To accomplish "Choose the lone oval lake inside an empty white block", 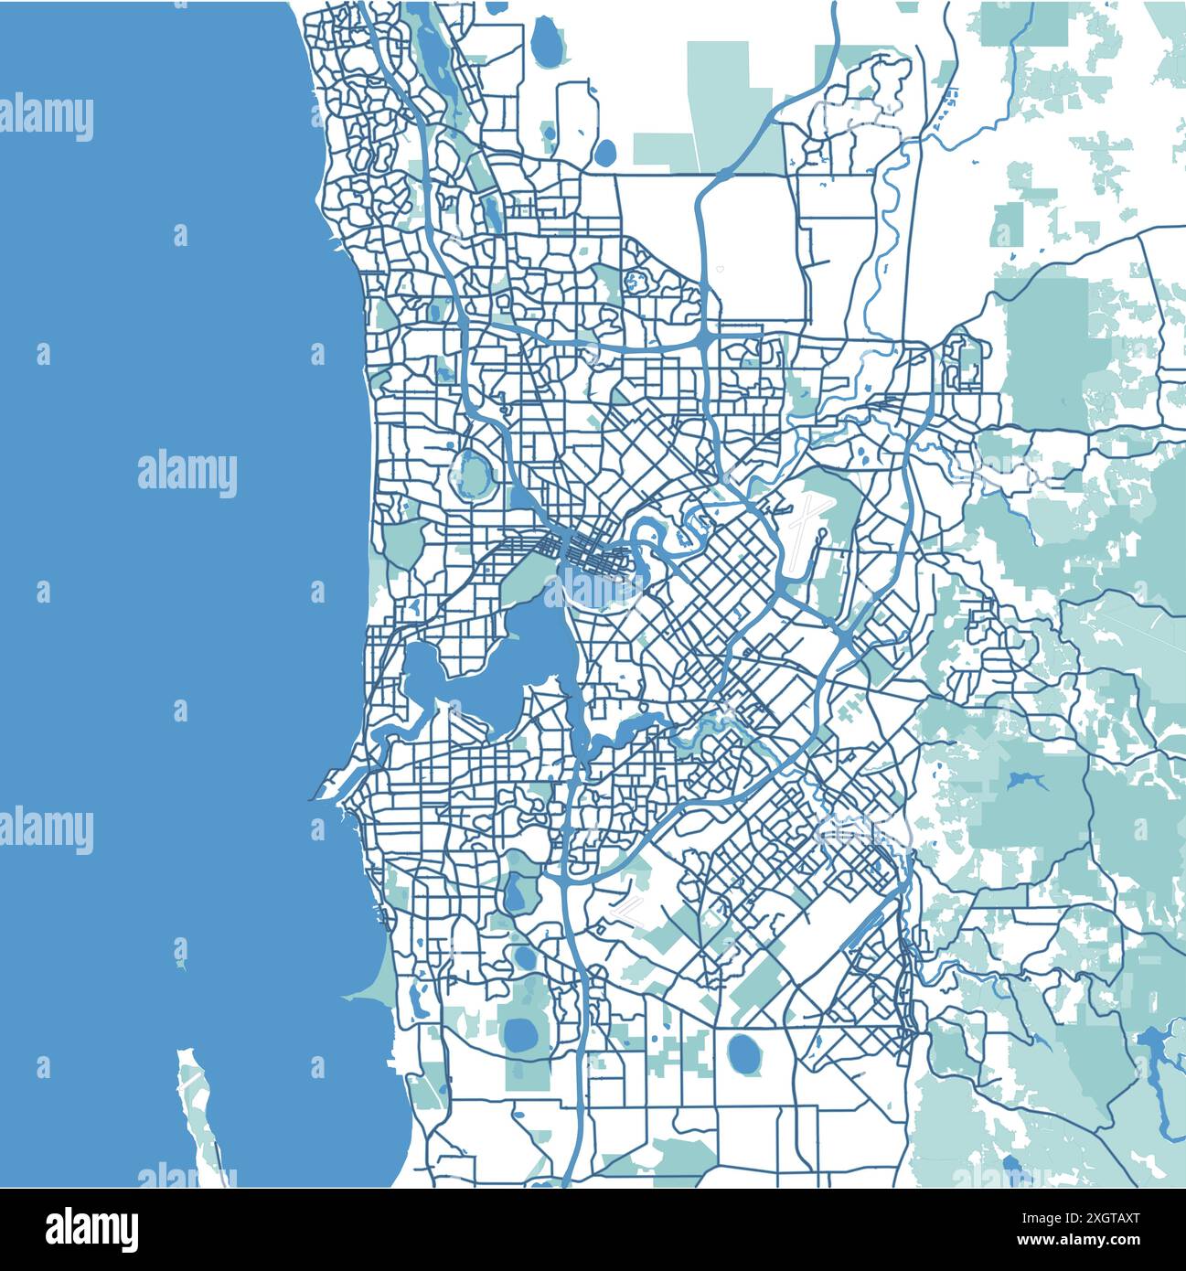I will coord(744,1054).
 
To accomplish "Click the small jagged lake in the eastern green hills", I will coord(1026,781).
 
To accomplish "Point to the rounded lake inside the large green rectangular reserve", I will coord(522,1033).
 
